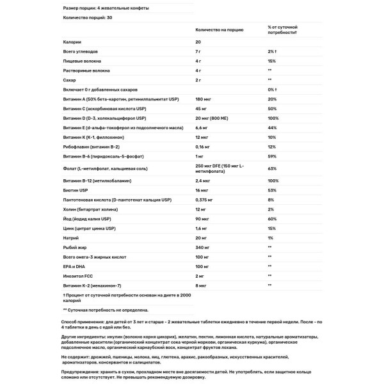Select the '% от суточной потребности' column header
(x=287, y=30)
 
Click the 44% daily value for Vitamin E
(x=272, y=128)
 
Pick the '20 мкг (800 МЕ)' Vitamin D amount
(x=216, y=118)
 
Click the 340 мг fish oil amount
(x=204, y=246)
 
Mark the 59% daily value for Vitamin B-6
(x=272, y=157)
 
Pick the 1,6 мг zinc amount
(x=202, y=227)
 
